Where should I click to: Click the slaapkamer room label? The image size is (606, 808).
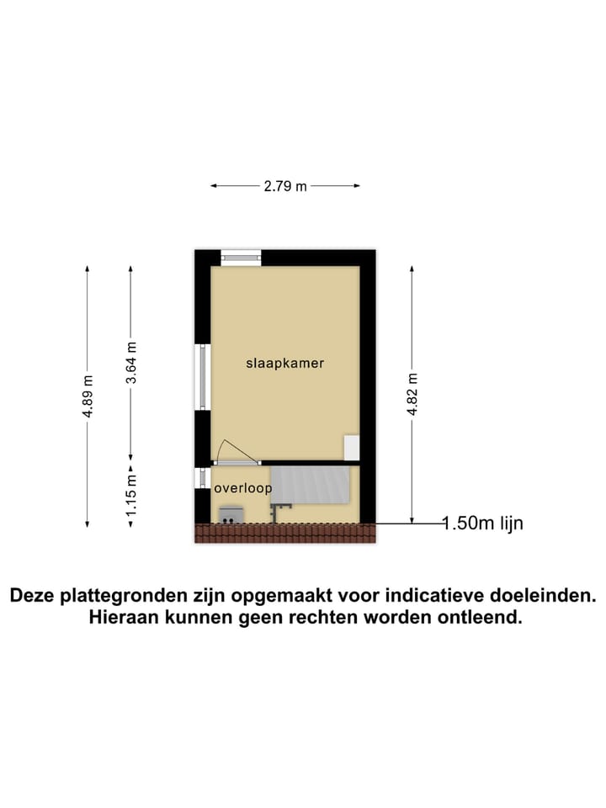(284, 364)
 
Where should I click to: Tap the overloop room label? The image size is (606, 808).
(242, 488)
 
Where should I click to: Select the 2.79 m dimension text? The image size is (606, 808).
(285, 187)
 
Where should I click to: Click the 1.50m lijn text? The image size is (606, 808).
(483, 524)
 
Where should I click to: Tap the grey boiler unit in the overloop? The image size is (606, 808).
(231, 514)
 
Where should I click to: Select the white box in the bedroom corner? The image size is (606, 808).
(351, 447)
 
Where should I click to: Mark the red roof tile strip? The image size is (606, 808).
(284, 532)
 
